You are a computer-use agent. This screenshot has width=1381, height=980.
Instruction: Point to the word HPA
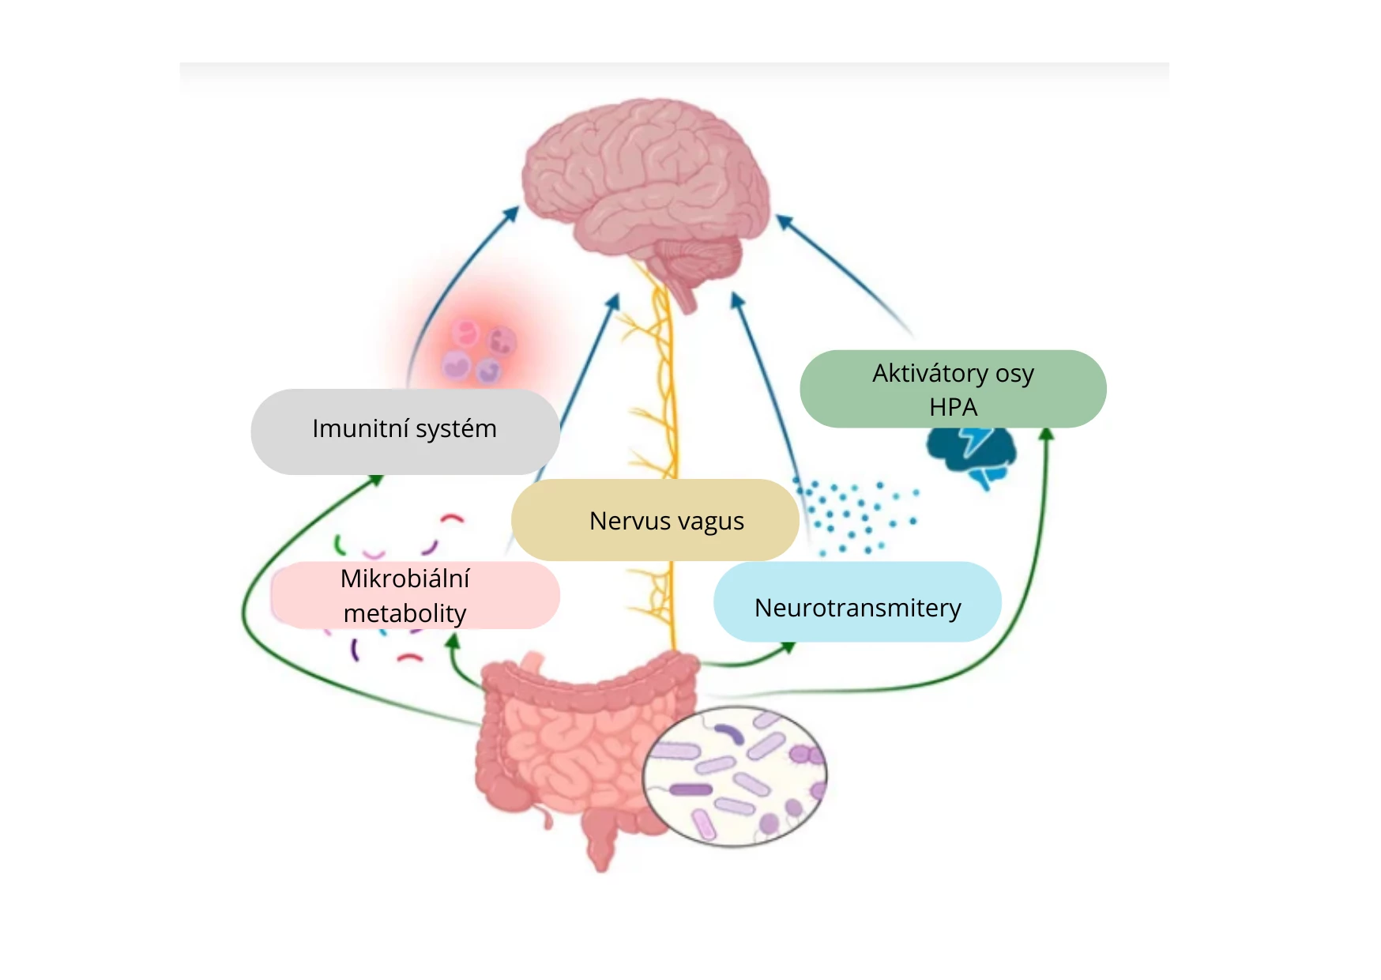[x=953, y=407]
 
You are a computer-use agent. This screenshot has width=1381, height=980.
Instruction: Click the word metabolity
[x=405, y=613]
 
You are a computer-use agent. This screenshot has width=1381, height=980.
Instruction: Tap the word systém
[x=456, y=428]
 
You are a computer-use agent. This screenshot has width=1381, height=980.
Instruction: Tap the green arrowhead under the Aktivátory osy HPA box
[x=1046, y=433]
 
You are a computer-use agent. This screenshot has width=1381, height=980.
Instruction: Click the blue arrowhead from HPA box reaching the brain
[x=782, y=220]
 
